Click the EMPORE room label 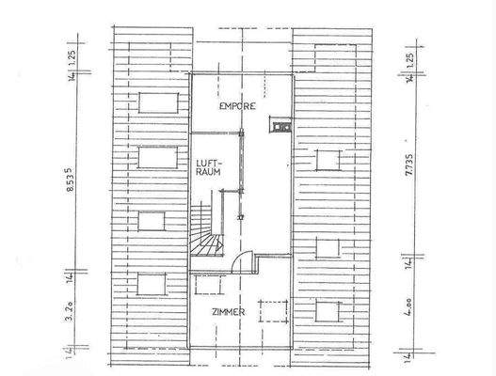click(238, 107)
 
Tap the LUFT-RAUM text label click(207, 167)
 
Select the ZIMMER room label click(228, 311)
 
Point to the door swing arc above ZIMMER click(241, 264)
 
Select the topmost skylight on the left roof click(153, 102)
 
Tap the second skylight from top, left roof click(153, 158)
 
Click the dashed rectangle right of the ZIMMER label click(271, 311)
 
